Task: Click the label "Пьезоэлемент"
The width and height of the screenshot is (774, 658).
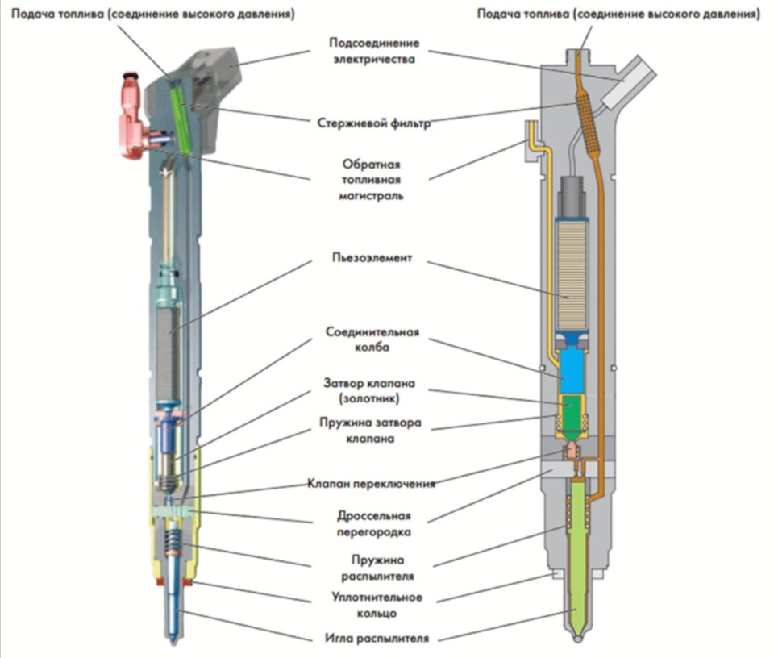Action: click(372, 258)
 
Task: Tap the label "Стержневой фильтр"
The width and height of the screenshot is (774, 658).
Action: click(373, 123)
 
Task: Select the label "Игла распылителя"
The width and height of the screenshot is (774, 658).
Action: click(377, 639)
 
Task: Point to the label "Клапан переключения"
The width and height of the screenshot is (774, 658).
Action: click(371, 483)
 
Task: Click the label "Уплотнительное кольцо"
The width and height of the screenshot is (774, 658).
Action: click(377, 605)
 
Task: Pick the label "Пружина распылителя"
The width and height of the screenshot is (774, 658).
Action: click(377, 568)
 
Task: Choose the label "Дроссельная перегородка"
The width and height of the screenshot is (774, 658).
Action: click(373, 523)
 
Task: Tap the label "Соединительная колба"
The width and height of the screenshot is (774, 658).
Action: click(372, 339)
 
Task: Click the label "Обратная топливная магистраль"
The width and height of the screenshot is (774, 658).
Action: click(371, 180)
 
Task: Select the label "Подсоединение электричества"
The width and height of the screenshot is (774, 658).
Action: click(374, 51)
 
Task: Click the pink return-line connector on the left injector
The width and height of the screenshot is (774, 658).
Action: click(131, 119)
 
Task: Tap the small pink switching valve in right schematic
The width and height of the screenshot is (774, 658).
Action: click(572, 451)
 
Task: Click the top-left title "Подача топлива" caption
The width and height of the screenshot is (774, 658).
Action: click(58, 14)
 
